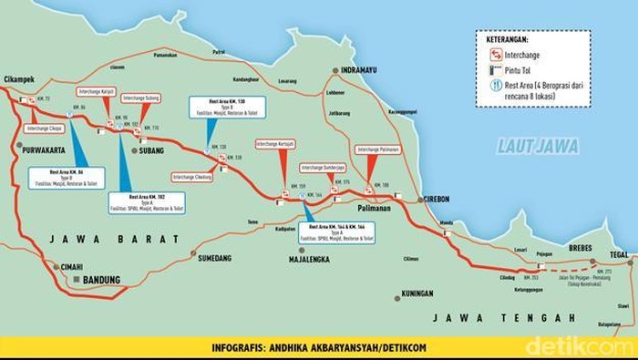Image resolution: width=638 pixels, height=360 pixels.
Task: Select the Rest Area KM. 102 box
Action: coord(147,203)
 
